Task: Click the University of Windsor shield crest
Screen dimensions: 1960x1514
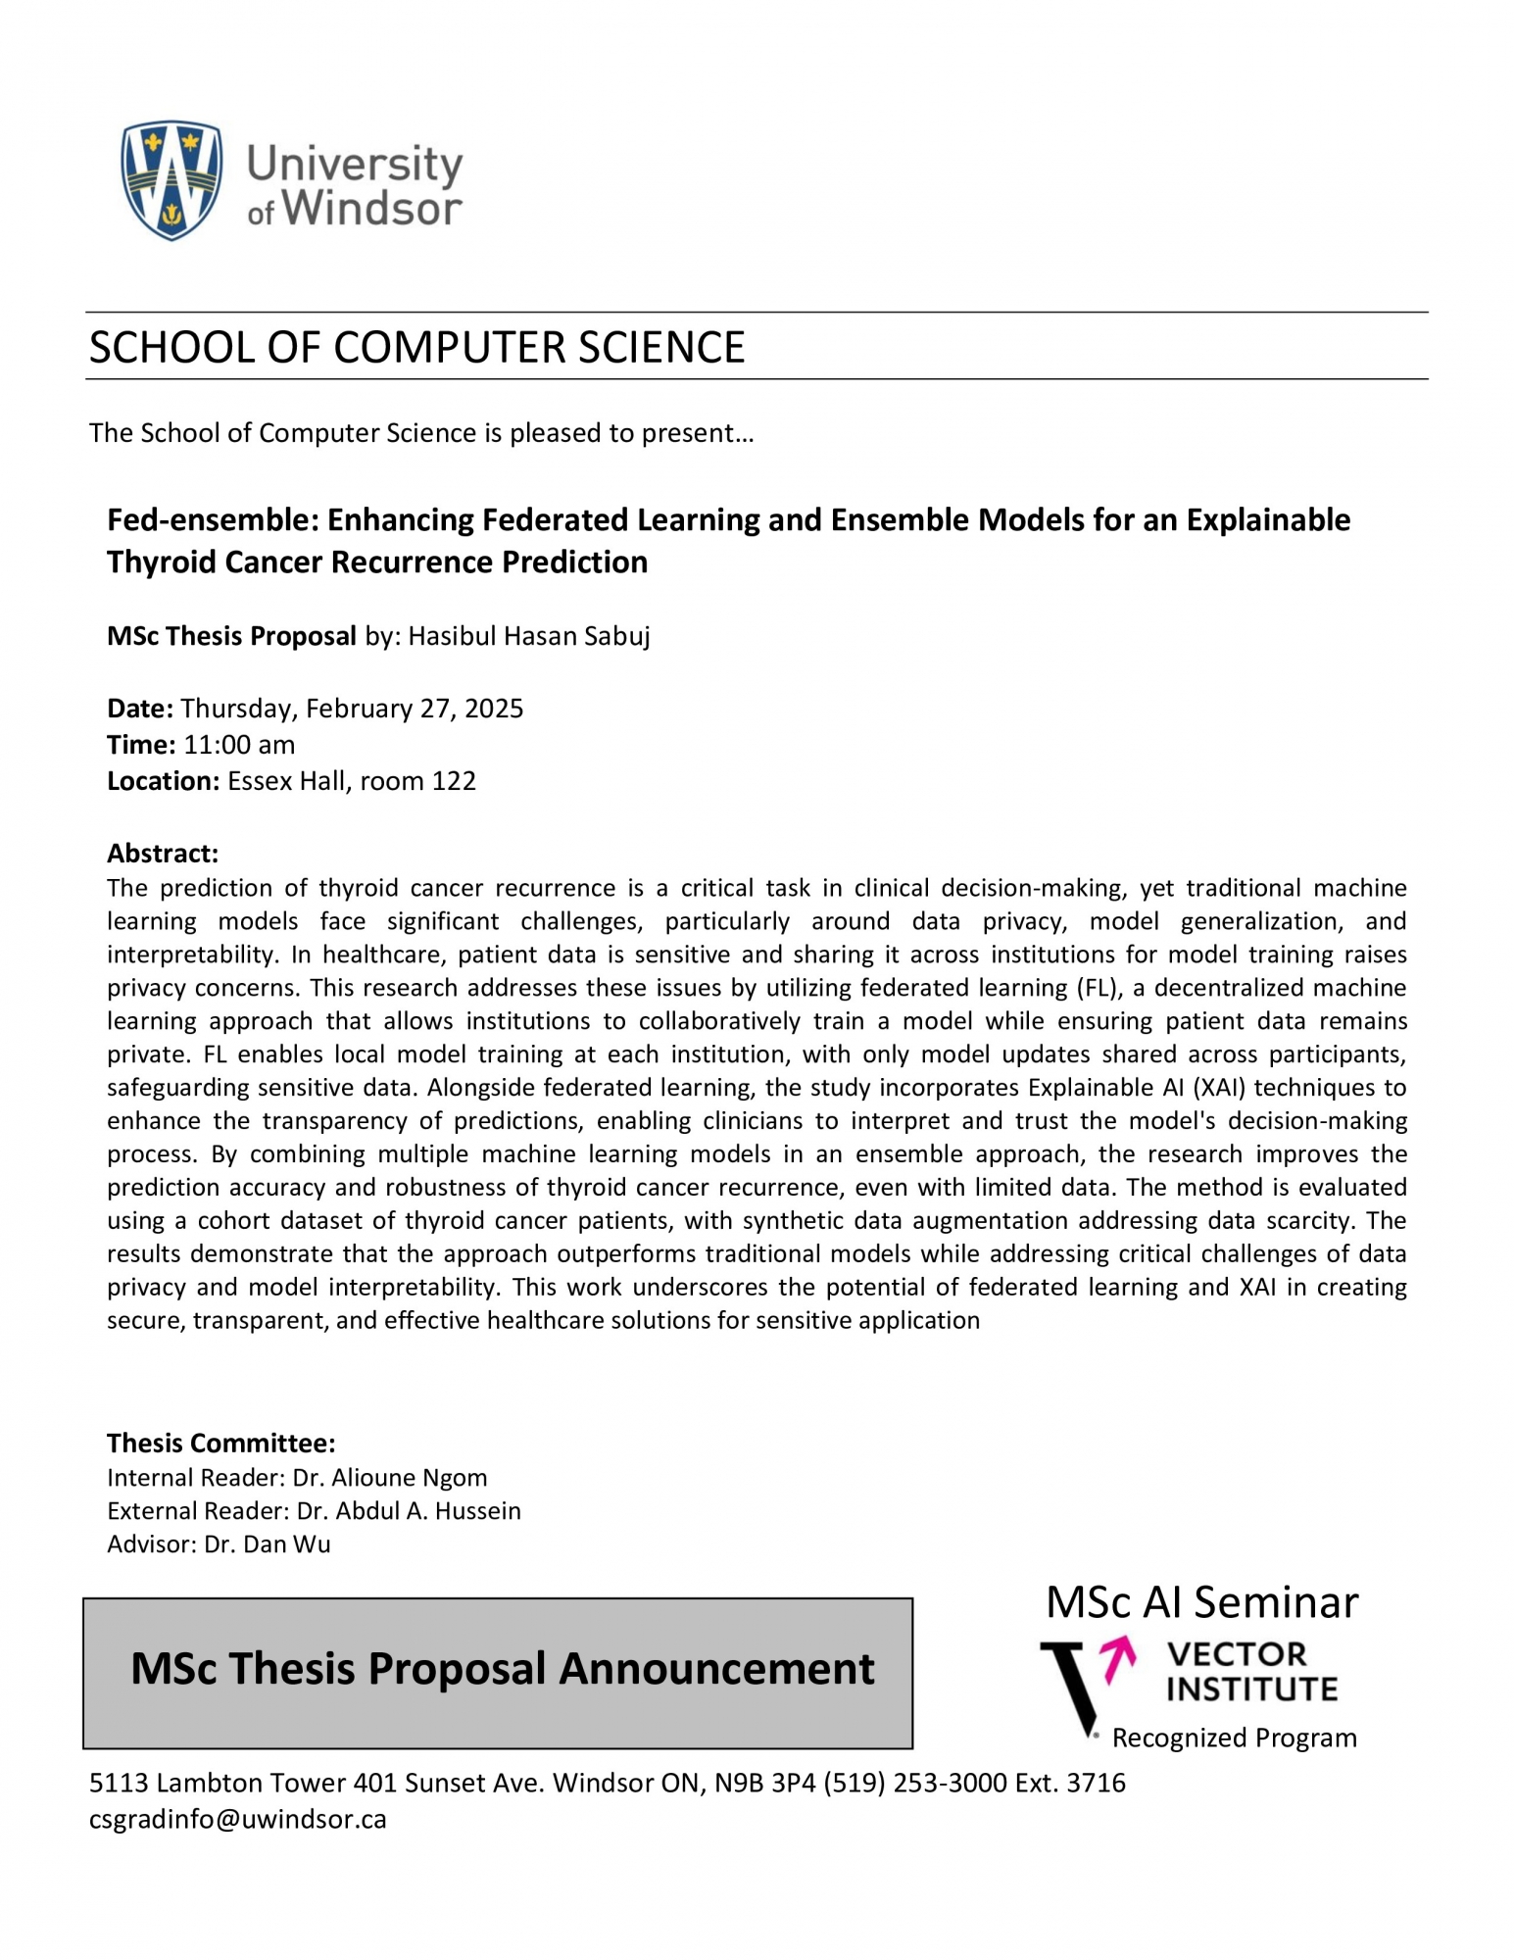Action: tap(171, 180)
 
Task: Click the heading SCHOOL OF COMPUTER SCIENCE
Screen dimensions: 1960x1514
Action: tap(416, 348)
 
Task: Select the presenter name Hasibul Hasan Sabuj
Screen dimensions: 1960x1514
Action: tap(529, 637)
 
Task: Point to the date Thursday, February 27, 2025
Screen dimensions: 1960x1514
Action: tap(352, 709)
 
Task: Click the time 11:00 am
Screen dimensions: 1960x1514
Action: tap(239, 745)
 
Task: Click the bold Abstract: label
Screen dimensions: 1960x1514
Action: tap(163, 853)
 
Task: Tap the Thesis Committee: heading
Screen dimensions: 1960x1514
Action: tap(221, 1443)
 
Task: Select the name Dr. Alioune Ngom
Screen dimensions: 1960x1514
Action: tap(390, 1477)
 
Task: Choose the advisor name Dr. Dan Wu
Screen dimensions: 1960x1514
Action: tap(268, 1543)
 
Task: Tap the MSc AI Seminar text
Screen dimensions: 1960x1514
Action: tap(1201, 1602)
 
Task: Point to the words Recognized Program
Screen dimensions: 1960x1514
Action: tap(1235, 1738)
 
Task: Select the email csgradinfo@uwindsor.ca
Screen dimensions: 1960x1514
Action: tap(238, 1819)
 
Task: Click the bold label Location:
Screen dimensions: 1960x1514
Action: tap(164, 781)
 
